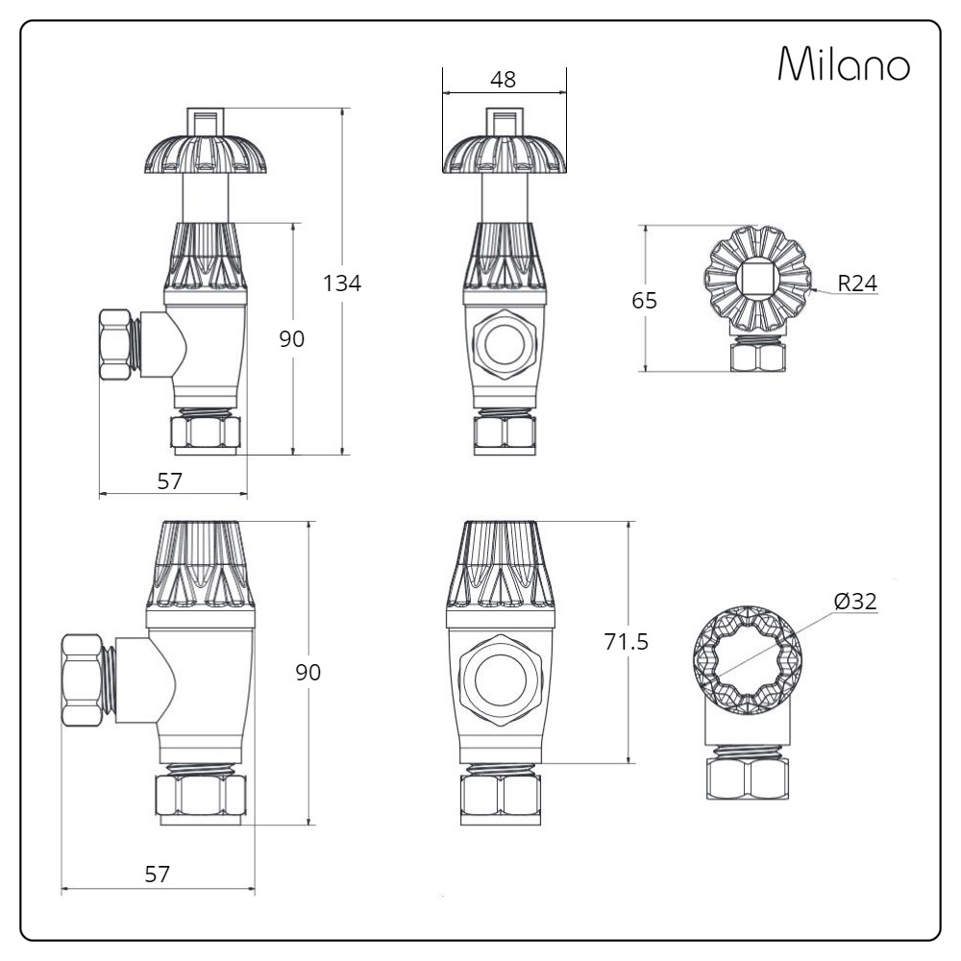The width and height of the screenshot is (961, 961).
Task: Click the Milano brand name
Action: (x=843, y=64)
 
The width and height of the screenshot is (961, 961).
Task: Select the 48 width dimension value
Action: (x=503, y=80)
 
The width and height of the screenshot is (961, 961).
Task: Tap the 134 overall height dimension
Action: (x=342, y=283)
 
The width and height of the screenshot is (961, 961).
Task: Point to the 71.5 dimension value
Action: (x=626, y=642)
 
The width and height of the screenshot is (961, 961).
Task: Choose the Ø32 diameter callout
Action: (x=855, y=602)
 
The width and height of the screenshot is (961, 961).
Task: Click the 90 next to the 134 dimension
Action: (x=291, y=338)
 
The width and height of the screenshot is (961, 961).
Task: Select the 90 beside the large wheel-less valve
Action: (x=308, y=673)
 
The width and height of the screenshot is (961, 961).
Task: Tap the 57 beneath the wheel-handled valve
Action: (x=170, y=480)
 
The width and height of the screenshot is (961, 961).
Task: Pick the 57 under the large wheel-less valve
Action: (x=157, y=874)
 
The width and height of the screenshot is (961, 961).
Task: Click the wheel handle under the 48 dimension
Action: (x=503, y=154)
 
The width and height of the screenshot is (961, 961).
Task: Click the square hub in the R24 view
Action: (x=758, y=282)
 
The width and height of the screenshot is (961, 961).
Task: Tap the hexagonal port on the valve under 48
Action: (x=503, y=342)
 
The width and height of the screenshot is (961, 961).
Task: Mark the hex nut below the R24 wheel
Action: (x=758, y=357)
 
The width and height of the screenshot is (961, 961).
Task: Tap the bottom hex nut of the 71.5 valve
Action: (x=502, y=795)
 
